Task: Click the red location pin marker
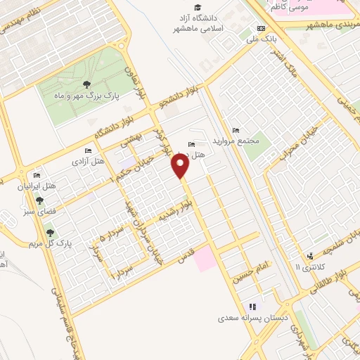[x=181, y=165]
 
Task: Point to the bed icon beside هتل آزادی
[x=88, y=150]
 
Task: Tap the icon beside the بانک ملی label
[x=262, y=28]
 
